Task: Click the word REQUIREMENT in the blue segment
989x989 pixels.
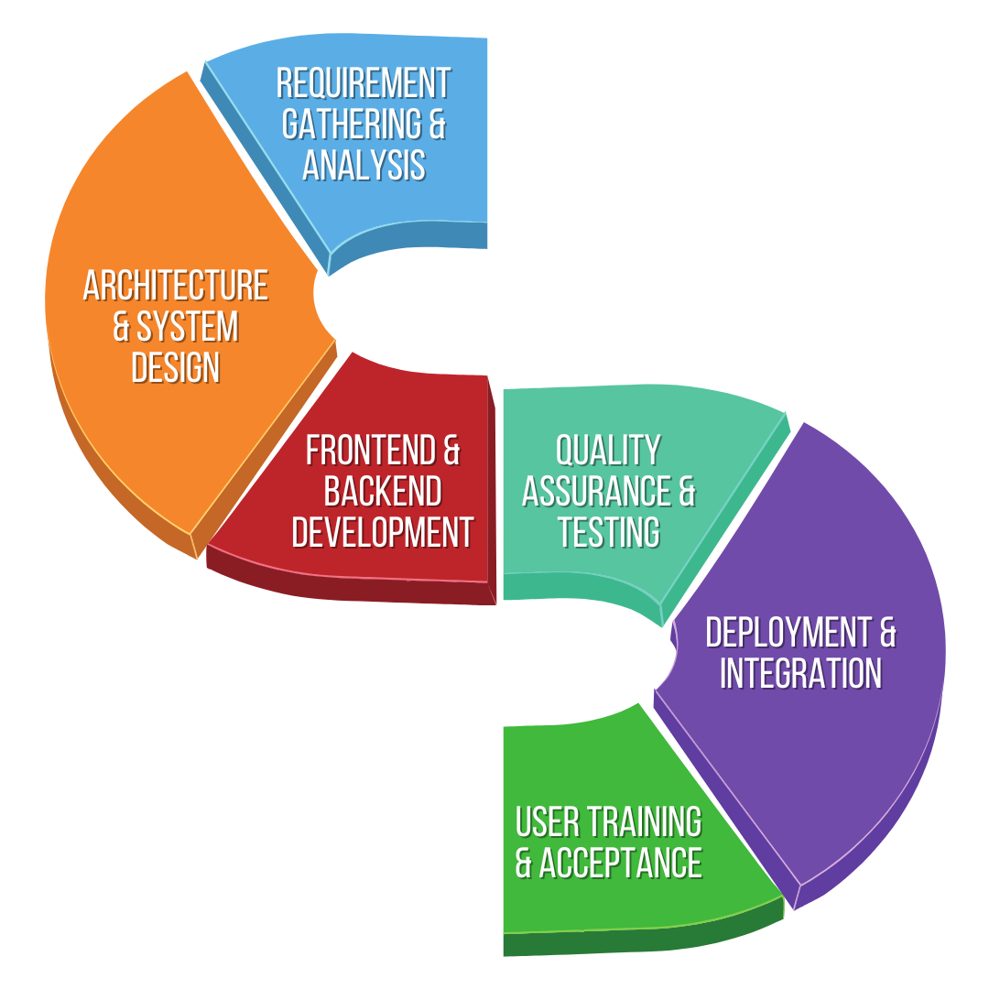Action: coord(364,83)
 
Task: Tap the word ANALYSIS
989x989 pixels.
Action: coord(364,165)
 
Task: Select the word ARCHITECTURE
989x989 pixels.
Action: coord(176,286)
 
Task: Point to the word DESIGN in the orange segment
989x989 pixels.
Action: coord(176,367)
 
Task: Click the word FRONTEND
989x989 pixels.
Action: coord(371,451)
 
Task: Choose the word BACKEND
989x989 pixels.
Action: coord(383,492)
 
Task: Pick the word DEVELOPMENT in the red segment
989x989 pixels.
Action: coord(383,532)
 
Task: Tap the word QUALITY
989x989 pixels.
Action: coord(608,451)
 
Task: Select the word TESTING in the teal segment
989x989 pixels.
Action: coord(609,532)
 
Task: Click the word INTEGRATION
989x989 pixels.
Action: coord(800,674)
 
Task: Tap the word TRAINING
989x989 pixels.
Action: coord(645,822)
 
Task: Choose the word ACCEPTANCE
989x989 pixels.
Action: coord(621,863)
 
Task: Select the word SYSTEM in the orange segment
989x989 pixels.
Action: coord(188,327)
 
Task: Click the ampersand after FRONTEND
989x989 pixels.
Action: coord(451,451)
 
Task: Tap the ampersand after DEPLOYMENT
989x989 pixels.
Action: coord(886,633)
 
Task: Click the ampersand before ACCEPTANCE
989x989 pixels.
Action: coord(524,863)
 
